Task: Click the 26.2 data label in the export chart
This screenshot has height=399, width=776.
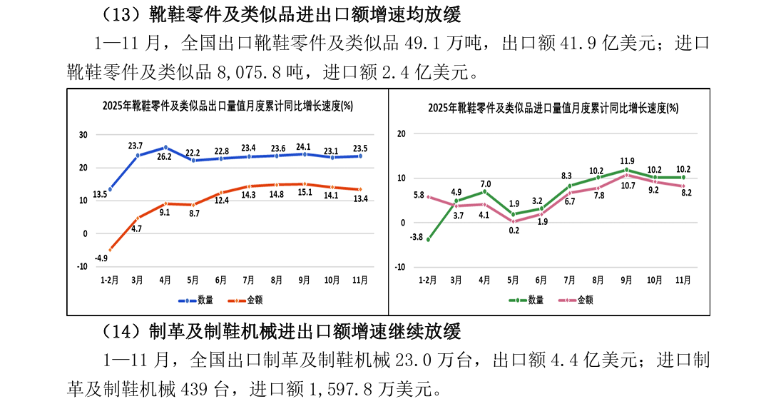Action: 165,156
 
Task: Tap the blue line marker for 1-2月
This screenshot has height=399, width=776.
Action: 109,190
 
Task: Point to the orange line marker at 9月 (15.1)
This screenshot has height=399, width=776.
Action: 305,184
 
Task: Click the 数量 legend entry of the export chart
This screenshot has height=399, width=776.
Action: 198,300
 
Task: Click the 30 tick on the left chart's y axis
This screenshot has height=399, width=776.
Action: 83,135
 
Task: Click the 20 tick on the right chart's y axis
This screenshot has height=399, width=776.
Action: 401,133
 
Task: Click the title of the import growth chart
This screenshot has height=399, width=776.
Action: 553,108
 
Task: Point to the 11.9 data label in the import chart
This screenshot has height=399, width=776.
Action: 627,161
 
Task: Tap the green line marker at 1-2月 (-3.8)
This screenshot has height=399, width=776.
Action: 428,240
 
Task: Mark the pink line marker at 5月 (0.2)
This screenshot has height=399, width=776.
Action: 513,221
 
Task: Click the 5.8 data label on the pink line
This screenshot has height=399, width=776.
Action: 419,195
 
